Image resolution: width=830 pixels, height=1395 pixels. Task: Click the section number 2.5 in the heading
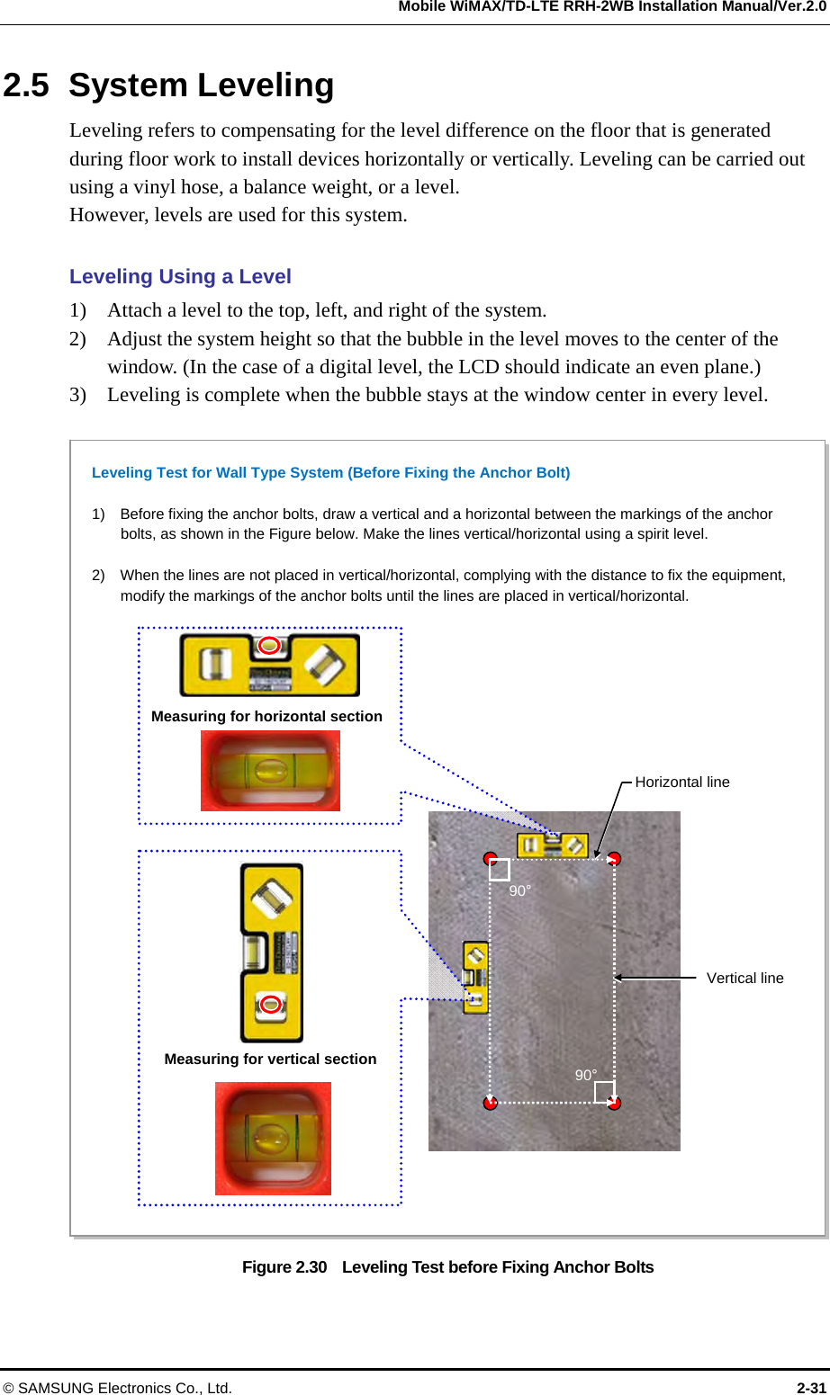click(x=26, y=86)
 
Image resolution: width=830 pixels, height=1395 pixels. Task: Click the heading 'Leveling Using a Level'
click(x=180, y=277)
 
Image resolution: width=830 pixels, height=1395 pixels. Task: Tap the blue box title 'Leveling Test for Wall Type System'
click(x=330, y=473)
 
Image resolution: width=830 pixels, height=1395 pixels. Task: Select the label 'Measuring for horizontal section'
click(x=266, y=717)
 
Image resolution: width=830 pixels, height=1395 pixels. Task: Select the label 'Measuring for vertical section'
click(x=270, y=1060)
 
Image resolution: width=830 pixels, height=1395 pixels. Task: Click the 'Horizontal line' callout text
click(x=681, y=782)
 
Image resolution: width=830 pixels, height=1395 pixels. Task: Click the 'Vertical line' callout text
click(x=744, y=979)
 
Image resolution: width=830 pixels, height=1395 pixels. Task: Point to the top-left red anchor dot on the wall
click(x=490, y=858)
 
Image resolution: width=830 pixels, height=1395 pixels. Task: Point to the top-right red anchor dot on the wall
click(x=614, y=859)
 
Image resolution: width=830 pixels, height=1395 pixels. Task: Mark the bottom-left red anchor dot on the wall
click(x=490, y=1103)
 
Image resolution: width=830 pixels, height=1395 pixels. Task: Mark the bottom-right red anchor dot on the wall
click(x=614, y=1103)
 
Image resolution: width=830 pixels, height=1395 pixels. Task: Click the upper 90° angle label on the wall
click(x=520, y=891)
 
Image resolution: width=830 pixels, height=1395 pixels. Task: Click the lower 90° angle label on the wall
click(x=586, y=1076)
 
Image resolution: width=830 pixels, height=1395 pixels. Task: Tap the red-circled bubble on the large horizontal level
click(x=269, y=646)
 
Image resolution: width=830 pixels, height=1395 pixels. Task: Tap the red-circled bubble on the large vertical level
click(x=271, y=1005)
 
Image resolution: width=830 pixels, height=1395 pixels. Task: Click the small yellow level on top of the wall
click(x=552, y=845)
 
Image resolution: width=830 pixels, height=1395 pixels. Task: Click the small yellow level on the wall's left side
click(x=475, y=977)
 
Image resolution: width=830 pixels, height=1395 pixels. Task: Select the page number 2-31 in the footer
click(x=811, y=1388)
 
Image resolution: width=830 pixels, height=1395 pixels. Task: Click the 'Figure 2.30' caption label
click(x=284, y=1267)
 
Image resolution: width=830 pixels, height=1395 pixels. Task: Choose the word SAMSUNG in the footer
click(x=56, y=1388)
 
